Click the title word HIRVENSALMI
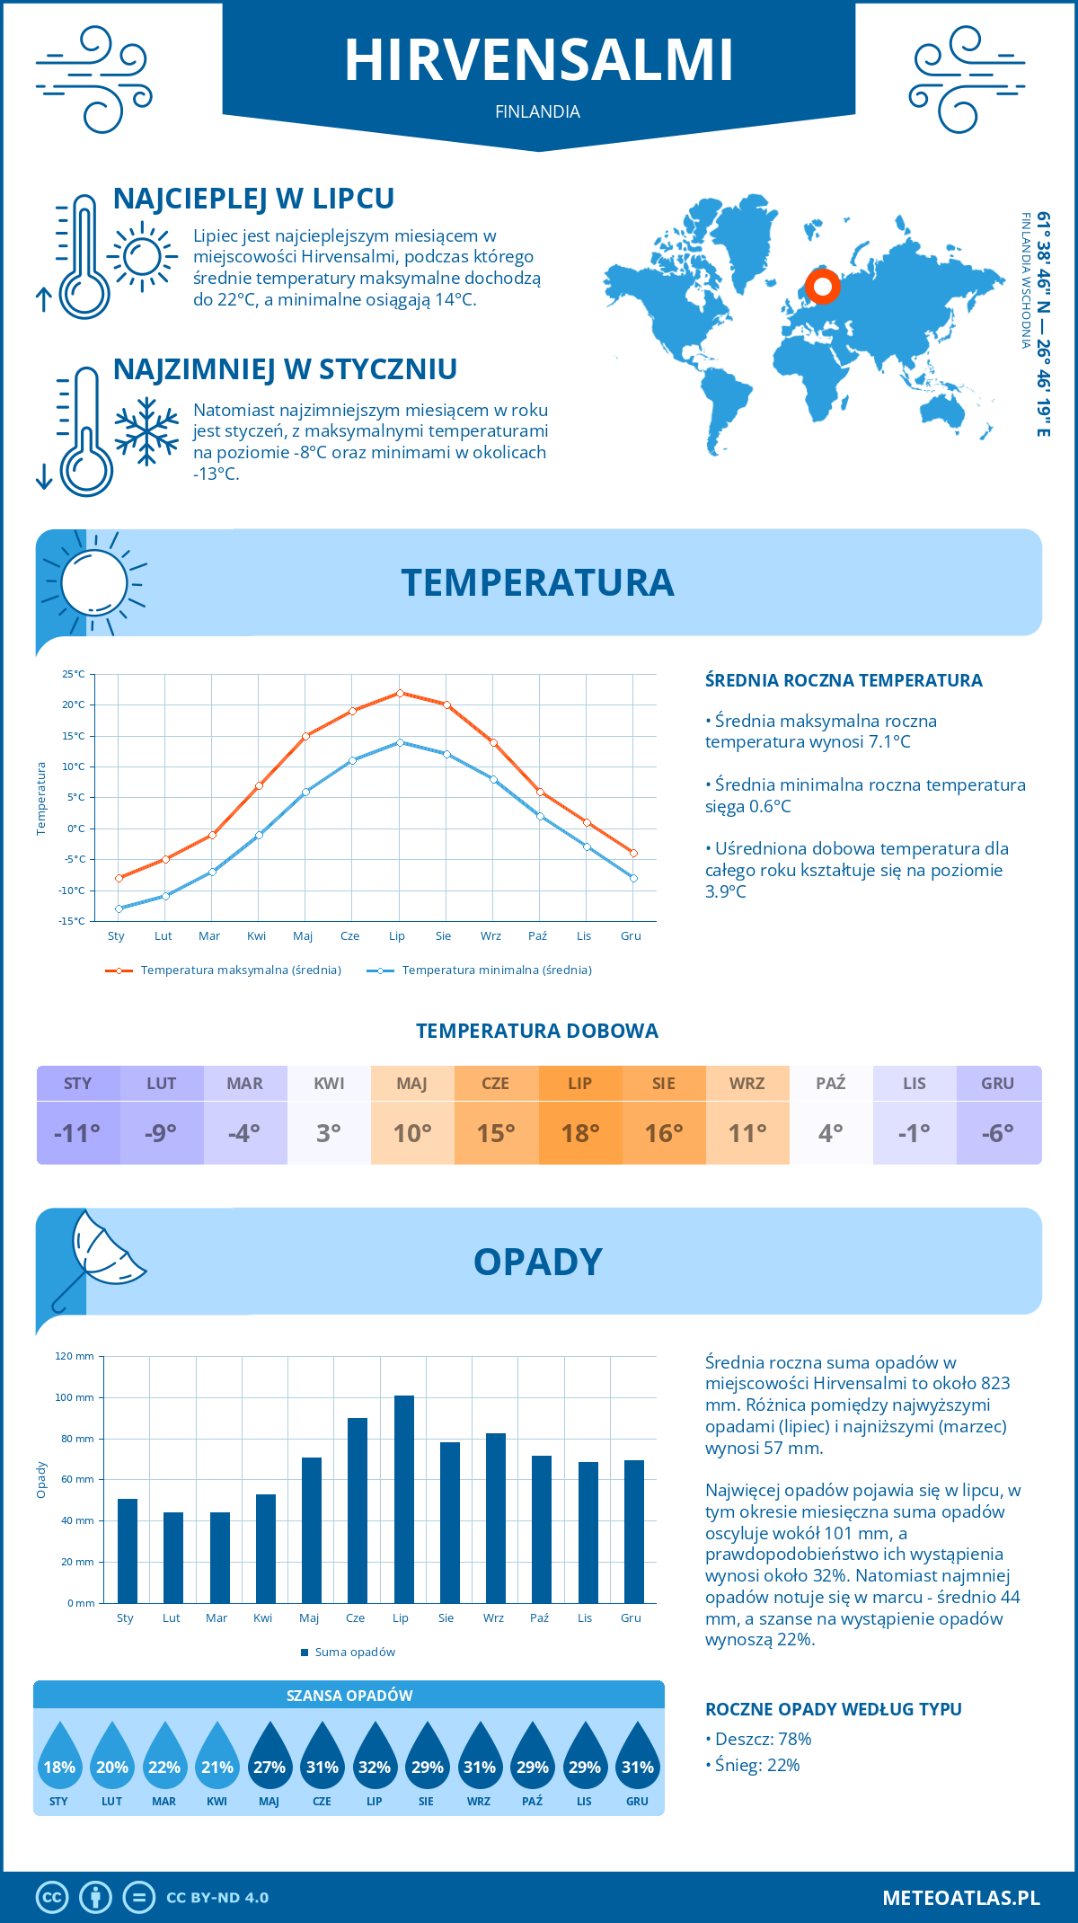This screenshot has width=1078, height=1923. [x=539, y=60]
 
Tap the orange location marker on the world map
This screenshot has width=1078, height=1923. [x=822, y=287]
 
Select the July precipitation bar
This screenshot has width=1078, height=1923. [x=404, y=1499]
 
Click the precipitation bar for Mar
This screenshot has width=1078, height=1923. [x=219, y=1557]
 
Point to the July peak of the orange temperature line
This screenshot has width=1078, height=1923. [x=400, y=693]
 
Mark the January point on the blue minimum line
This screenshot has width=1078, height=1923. [x=119, y=908]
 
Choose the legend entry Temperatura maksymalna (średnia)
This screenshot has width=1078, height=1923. [x=241, y=970]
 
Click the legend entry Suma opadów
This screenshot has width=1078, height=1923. [x=355, y=1653]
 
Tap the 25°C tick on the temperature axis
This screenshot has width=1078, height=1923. [x=74, y=674]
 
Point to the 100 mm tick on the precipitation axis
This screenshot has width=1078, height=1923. [x=75, y=1397]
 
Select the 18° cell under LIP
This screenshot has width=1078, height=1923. [x=580, y=1133]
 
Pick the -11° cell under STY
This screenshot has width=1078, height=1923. [x=78, y=1133]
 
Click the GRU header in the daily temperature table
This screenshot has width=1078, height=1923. [x=998, y=1084]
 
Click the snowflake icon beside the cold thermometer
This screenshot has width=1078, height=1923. [x=146, y=431]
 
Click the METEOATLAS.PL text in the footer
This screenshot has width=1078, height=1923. [x=961, y=1898]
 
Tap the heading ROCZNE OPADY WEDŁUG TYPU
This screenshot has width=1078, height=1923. [x=833, y=1709]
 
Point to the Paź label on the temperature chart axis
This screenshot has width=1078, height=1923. [x=537, y=936]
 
